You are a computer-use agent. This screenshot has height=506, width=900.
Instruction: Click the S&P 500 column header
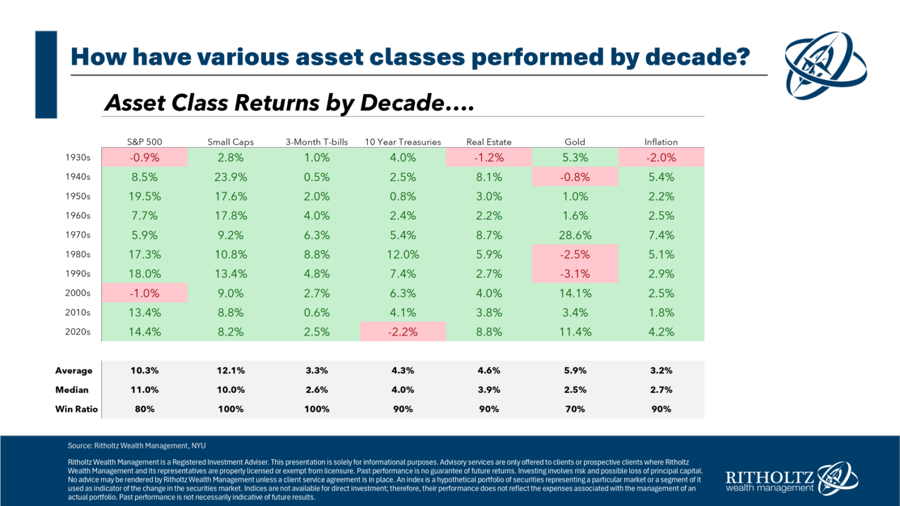point(145,142)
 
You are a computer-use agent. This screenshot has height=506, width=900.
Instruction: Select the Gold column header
point(575,142)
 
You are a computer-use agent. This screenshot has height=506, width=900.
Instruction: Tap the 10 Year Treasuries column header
point(403,142)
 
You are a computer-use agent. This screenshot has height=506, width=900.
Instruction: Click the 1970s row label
point(78,235)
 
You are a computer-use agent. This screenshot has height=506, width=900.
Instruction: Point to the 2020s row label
point(78,331)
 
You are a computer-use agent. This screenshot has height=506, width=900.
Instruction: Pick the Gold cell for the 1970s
point(575,235)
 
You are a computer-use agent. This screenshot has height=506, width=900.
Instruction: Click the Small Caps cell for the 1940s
point(231,177)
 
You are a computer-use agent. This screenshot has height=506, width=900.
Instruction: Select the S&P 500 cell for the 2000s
point(145,293)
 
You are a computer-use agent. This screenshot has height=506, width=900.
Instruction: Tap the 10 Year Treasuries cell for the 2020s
point(403,331)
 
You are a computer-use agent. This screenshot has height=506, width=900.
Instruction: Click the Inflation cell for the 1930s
point(661,158)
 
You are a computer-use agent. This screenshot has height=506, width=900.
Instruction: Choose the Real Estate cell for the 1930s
point(489,158)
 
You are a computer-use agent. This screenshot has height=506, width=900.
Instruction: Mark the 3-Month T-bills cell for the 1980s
point(316,254)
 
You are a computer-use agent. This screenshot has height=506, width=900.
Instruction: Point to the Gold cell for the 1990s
point(575,273)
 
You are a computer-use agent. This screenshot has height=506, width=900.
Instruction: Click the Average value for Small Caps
point(231,370)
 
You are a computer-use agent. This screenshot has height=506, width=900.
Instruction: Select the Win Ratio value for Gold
point(575,409)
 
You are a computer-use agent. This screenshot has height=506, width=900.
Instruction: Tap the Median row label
point(72,389)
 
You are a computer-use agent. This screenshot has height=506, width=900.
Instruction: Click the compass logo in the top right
point(826,65)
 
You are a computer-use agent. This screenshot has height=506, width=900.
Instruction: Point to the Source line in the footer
point(137,446)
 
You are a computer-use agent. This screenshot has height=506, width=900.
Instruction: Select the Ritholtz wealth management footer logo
point(791,479)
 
